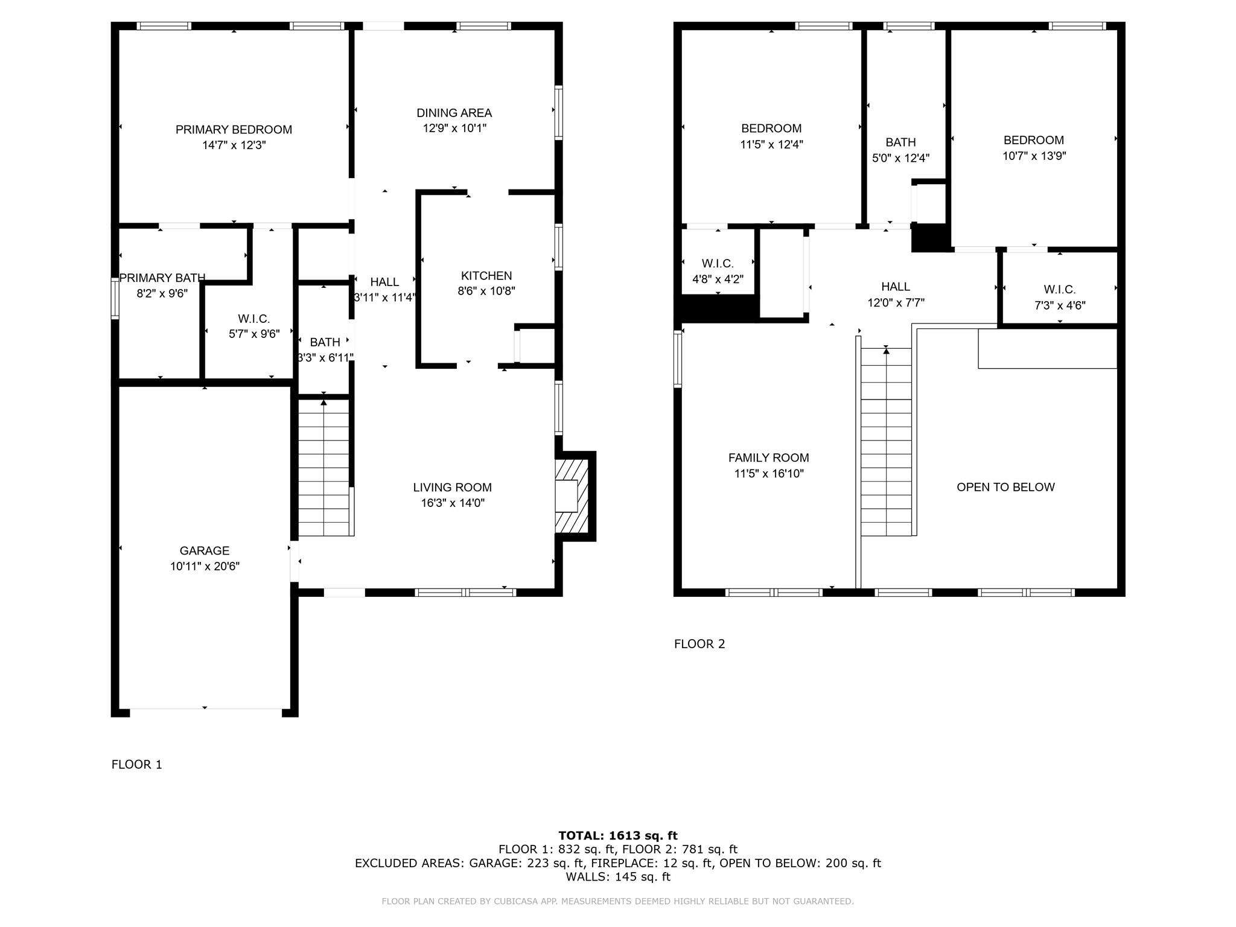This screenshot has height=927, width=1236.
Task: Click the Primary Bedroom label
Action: [x=234, y=130]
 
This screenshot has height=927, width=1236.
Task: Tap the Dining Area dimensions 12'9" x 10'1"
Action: [x=454, y=128]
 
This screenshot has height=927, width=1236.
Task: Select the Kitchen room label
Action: [x=486, y=276]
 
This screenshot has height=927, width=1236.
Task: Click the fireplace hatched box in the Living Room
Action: [x=572, y=496]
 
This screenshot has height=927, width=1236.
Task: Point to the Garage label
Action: [x=205, y=550]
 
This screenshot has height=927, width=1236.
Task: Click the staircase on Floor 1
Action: [x=324, y=468]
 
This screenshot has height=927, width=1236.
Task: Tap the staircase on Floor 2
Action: [x=886, y=442]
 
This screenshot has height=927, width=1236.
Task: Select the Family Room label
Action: [x=769, y=458]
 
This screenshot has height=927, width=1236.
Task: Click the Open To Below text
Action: [x=1005, y=487]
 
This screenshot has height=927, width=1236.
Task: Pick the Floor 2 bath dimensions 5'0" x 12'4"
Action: [x=900, y=158]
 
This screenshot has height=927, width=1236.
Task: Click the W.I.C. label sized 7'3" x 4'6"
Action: [x=1060, y=290]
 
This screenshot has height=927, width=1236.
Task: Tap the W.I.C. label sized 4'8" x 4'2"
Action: [x=718, y=264]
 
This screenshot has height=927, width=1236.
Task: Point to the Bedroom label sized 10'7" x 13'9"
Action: [x=1034, y=140]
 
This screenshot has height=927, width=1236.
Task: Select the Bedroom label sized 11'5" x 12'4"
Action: [x=771, y=129]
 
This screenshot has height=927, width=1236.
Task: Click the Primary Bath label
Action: [x=162, y=278]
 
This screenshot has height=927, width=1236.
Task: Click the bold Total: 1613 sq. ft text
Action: [x=618, y=835]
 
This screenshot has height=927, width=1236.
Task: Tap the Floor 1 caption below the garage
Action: [x=137, y=765]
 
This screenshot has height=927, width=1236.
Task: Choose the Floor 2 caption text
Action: [x=699, y=644]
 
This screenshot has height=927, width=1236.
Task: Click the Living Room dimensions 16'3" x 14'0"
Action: [x=453, y=503]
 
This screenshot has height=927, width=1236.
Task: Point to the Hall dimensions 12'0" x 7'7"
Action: [x=896, y=302]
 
